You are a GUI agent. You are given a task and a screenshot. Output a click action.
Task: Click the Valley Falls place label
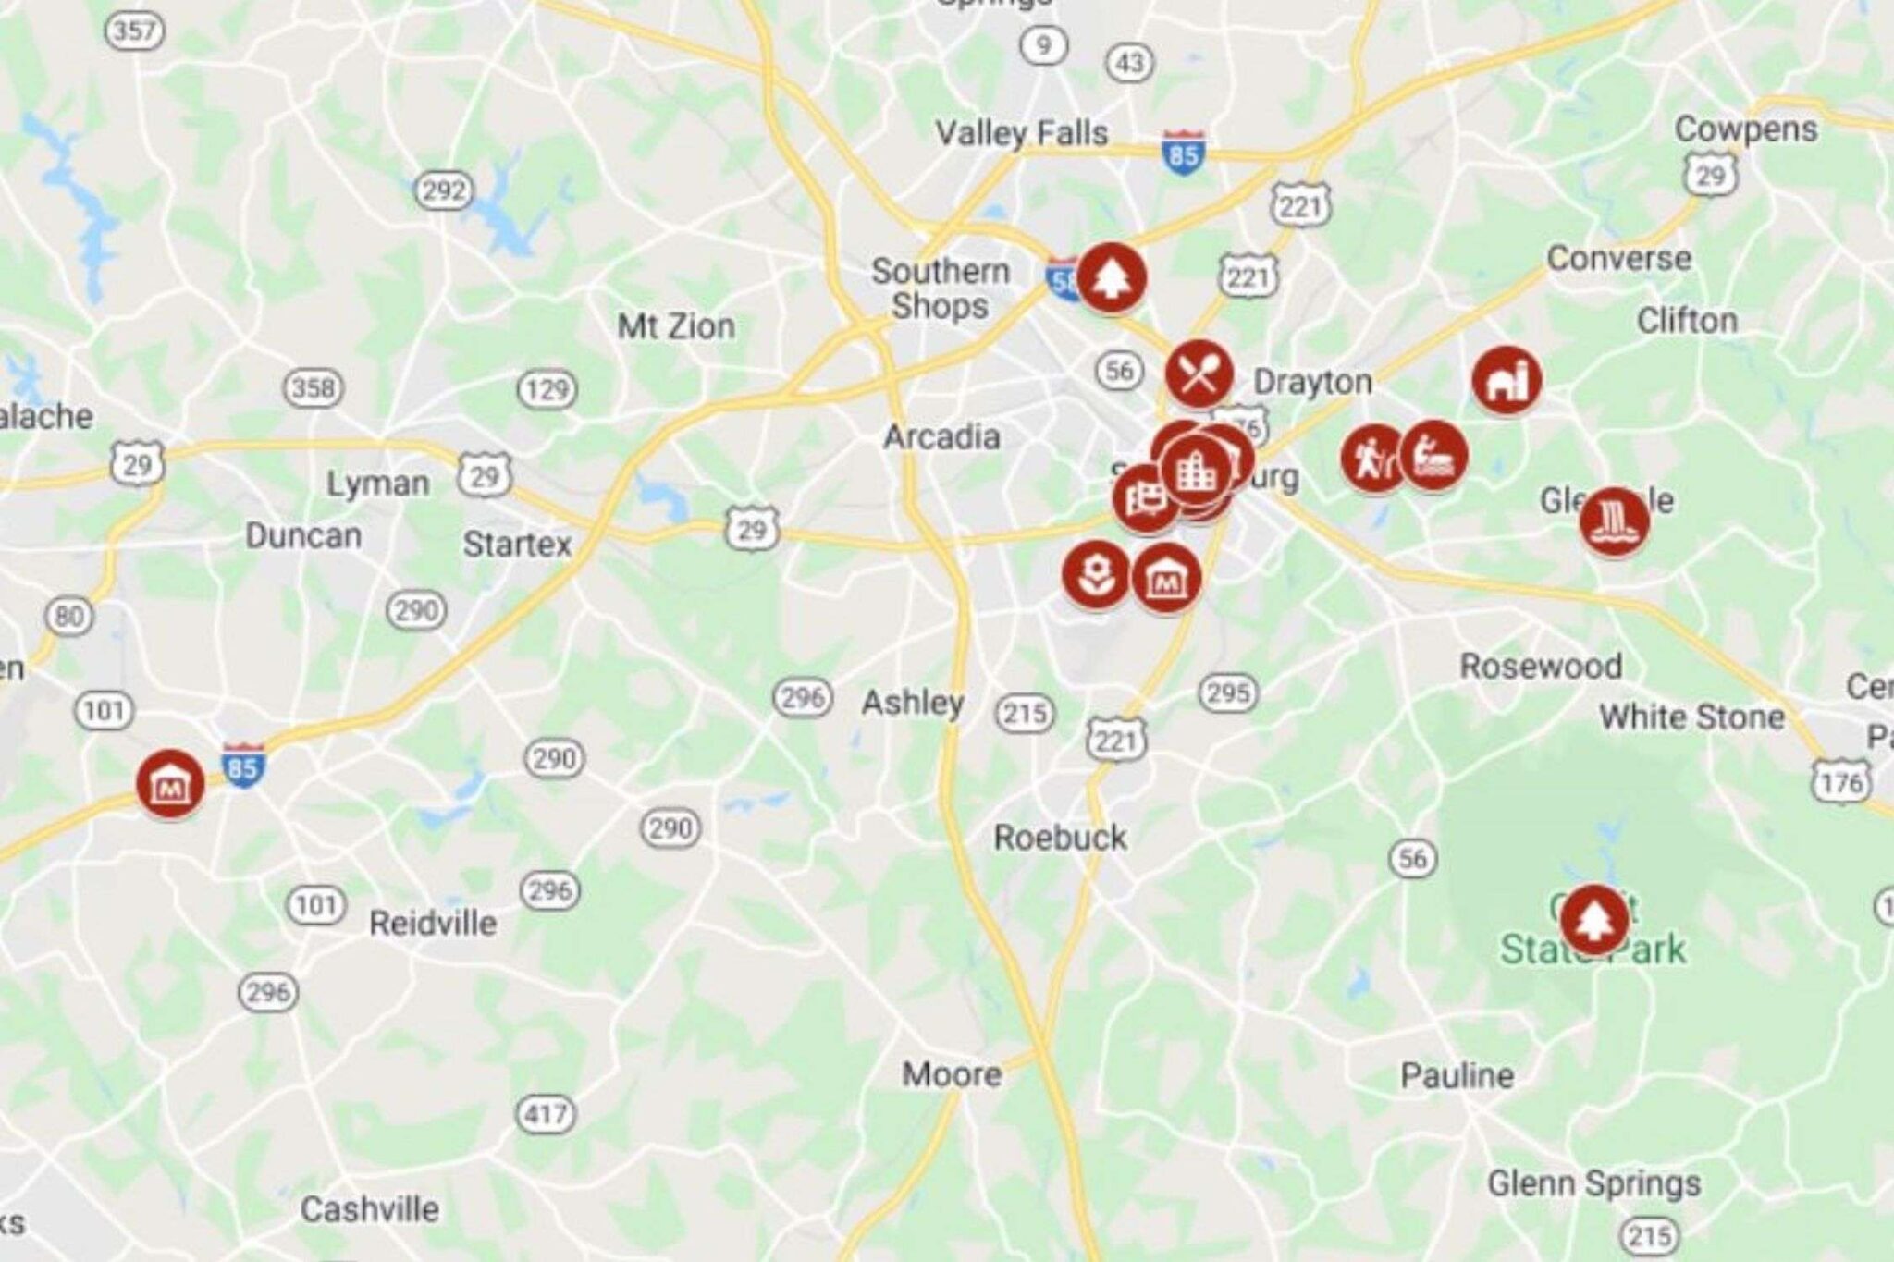point(1021,133)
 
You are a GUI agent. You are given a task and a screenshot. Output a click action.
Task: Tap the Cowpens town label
point(1745,129)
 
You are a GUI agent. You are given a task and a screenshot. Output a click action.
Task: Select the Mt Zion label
point(676,325)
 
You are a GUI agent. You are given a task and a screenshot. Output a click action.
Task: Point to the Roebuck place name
point(1060,838)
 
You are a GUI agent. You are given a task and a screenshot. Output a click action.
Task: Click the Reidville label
point(433,923)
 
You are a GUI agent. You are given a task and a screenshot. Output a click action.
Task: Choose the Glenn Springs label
point(1593,1182)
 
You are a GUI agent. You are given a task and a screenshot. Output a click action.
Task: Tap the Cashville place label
point(370,1208)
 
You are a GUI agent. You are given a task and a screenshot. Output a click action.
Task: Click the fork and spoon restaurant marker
point(1199,374)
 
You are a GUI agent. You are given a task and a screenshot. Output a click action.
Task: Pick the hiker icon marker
point(1373,458)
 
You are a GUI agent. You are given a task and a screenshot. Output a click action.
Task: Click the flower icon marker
point(1096,574)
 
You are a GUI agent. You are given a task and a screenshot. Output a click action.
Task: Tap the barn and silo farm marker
point(1507,379)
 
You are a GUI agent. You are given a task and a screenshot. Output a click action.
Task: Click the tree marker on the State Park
point(1593,919)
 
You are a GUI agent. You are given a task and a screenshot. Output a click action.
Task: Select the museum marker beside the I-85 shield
point(170,784)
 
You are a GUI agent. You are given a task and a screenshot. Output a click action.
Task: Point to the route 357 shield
point(135,31)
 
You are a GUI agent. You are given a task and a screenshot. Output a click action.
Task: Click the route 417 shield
point(546,1113)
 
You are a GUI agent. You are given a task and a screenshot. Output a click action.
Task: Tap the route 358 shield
point(313,387)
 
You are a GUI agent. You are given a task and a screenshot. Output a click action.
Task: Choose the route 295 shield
point(1228,692)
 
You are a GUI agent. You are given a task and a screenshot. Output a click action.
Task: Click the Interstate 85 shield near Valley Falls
point(1183,153)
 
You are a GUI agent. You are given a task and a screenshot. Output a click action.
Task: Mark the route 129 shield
point(547,389)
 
